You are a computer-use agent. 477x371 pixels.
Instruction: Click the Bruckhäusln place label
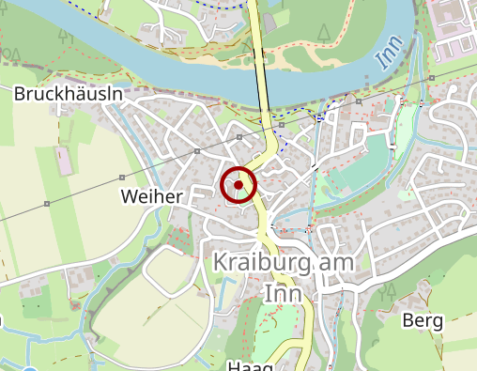[69, 94]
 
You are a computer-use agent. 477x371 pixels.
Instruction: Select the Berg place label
[422, 321]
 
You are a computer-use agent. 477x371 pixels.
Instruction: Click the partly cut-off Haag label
[250, 365]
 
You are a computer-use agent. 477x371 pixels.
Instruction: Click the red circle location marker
[238, 185]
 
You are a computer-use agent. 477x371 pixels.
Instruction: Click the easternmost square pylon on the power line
[430, 77]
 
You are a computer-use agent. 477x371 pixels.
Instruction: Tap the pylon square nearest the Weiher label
[123, 177]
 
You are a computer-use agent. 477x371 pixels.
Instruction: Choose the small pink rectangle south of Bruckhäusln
[66, 161]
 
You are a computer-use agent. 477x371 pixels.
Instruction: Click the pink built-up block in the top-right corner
[455, 23]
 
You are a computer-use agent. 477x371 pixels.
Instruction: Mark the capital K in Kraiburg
[221, 263]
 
